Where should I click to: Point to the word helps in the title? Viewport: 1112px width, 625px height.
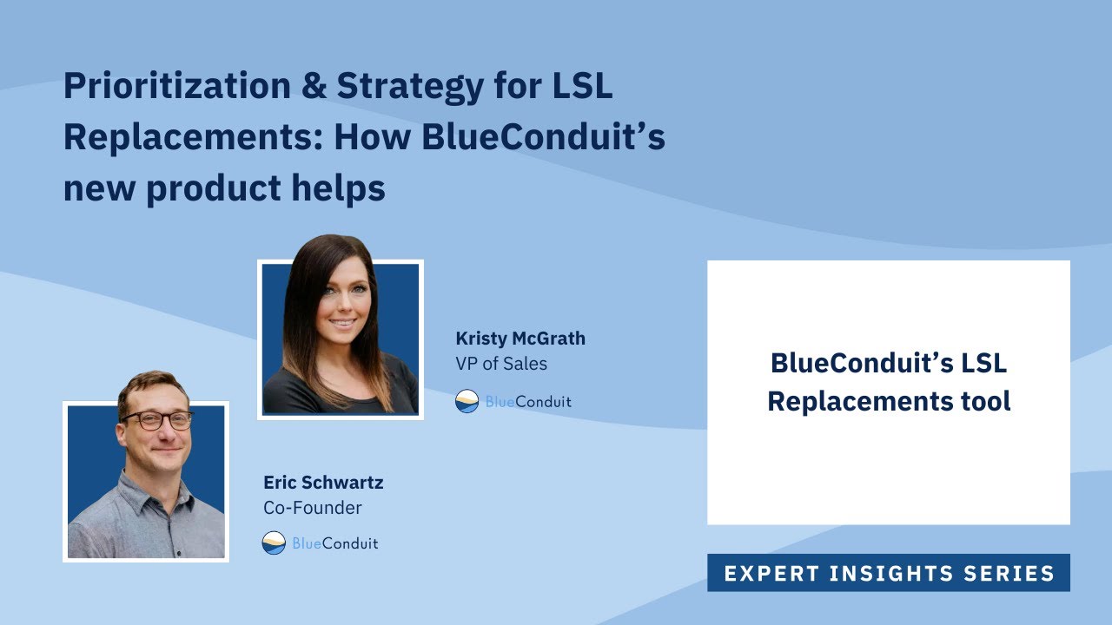pyautogui.click(x=342, y=188)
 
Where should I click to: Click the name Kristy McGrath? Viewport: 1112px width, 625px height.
pyautogui.click(x=520, y=339)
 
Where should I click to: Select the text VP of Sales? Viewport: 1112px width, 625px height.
pyautogui.click(x=501, y=364)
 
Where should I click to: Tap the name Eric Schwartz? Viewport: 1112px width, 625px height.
pyautogui.click(x=323, y=482)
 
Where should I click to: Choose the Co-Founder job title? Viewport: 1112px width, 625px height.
pyautogui.click(x=313, y=507)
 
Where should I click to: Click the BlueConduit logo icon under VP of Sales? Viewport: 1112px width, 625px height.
pyautogui.click(x=467, y=401)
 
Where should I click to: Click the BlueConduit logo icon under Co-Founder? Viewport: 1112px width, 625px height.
pyautogui.click(x=274, y=543)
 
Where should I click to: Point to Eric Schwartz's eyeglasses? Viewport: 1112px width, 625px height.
pyautogui.click(x=156, y=420)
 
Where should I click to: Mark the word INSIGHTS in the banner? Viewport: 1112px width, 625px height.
pyautogui.click(x=890, y=574)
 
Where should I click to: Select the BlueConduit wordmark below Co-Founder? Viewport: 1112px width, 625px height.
pyautogui.click(x=335, y=543)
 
